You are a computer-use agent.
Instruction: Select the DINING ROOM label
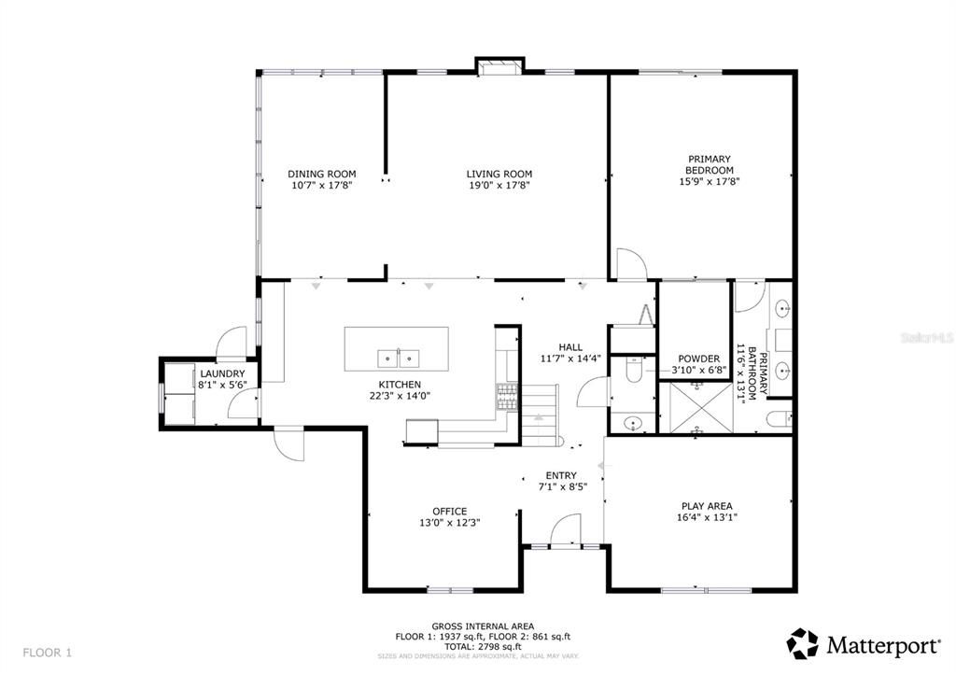coord(322,174)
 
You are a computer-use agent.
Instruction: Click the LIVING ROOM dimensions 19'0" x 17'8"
coord(499,185)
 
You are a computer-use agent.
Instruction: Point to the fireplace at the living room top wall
coord(499,65)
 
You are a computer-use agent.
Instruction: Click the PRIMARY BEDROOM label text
coord(710,164)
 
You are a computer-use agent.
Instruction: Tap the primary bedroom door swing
coord(630,264)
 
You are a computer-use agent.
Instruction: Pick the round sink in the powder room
coord(634,424)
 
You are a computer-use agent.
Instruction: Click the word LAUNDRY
coord(222,373)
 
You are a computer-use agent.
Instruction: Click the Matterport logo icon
coord(802,643)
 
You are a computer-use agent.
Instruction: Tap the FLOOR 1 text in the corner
coord(47,652)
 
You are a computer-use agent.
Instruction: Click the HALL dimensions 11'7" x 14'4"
coord(570,359)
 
